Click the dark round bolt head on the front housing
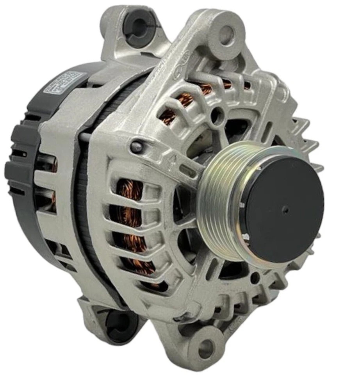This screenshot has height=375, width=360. point(136,146)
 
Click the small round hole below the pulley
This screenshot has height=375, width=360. point(254,278)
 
